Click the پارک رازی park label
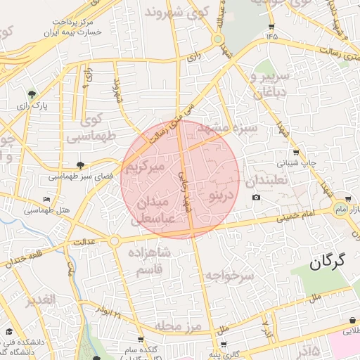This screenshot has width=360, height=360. click(31, 105)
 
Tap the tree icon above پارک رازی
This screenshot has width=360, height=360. click(32, 94)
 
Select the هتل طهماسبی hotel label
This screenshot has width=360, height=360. click(48, 210)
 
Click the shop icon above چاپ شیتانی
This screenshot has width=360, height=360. click(295, 153)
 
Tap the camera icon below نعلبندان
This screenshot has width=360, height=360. click(256, 197)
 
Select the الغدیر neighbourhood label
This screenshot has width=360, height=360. click(41, 301)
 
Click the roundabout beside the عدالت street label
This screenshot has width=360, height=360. click(114, 241)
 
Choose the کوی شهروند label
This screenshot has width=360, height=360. click(177, 12)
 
